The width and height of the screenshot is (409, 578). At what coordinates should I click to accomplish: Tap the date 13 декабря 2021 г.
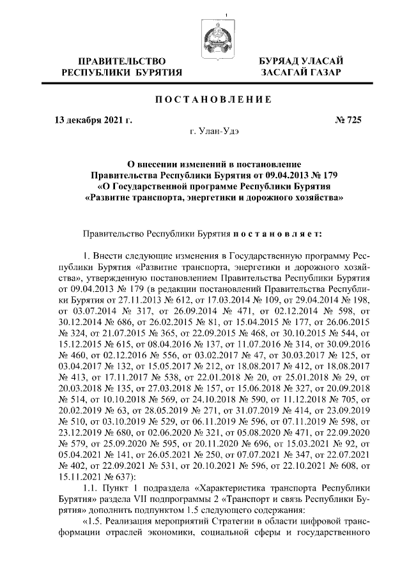coord(93,119)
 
